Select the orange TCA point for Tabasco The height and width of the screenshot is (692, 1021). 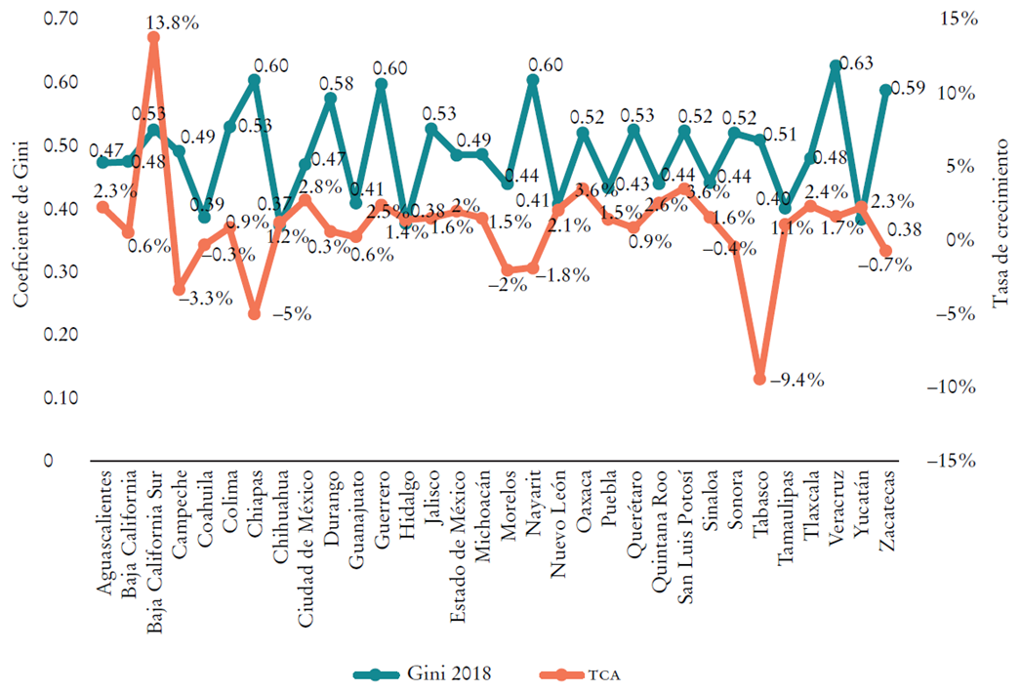[758, 378]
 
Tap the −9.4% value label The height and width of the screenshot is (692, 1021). [799, 380]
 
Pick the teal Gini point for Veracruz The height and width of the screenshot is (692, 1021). [835, 66]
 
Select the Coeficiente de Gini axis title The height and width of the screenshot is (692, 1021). [20, 237]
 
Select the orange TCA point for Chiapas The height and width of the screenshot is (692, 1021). [254, 313]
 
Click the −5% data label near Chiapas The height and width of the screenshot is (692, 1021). [291, 314]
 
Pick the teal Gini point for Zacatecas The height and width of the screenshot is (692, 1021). [885, 90]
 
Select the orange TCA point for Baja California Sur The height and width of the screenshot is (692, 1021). [153, 37]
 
